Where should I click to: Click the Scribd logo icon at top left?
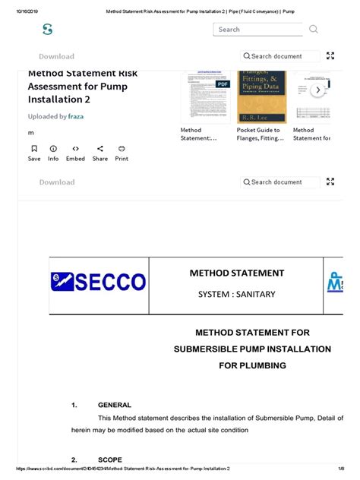[47, 30]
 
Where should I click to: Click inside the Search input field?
[258, 30]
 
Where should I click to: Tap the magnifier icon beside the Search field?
[314, 30]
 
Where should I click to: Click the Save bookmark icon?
[33, 149]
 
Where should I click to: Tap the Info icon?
[53, 149]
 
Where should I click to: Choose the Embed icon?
[75, 149]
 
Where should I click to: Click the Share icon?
[100, 149]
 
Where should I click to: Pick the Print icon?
[122, 149]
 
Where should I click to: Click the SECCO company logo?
[98, 283]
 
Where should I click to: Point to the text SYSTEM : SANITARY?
[236, 294]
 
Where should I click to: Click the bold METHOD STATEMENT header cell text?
[236, 273]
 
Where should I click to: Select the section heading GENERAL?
[115, 405]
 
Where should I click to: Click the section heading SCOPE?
[111, 460]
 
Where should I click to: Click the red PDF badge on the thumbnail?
[223, 84]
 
